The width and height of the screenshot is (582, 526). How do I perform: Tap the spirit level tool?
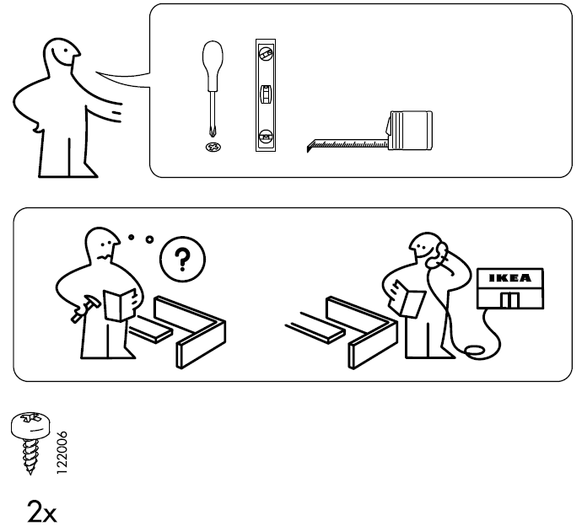pos(267,94)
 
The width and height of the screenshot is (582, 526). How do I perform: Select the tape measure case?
pos(409,129)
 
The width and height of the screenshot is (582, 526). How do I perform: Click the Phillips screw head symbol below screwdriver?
pos(213,147)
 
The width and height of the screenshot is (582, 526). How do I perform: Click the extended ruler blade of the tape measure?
pos(346,146)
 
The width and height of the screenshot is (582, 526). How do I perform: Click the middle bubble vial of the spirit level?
pos(267,94)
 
